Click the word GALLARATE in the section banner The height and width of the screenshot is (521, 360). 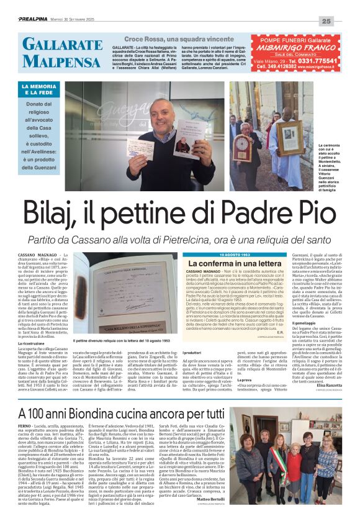point(63,44)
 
